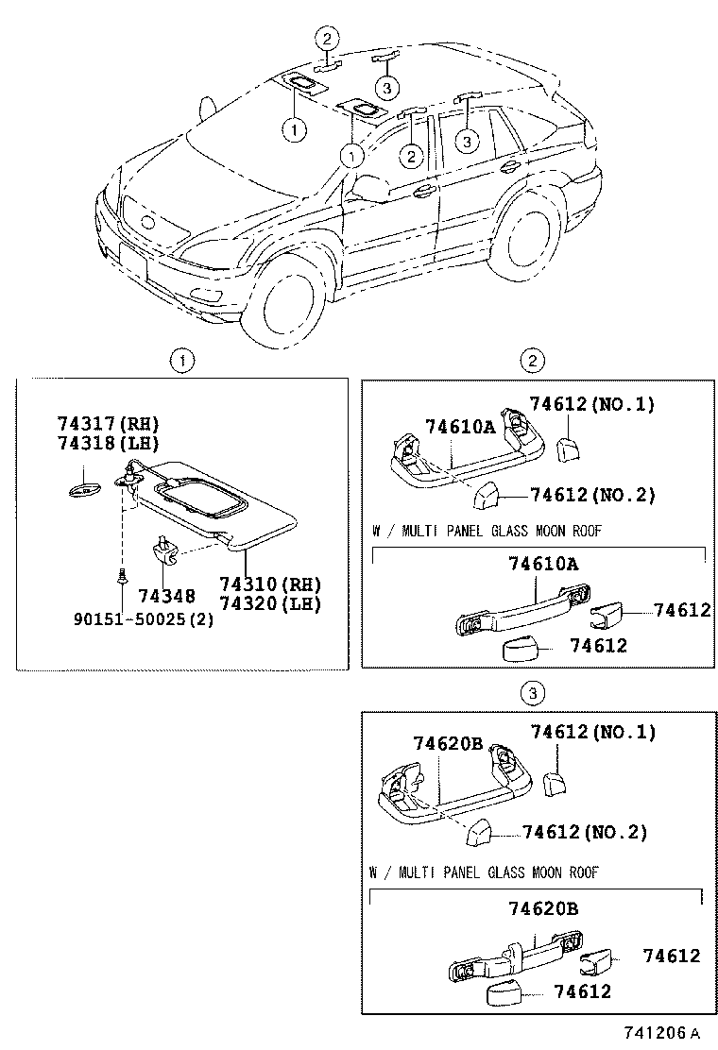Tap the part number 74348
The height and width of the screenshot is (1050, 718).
click(166, 596)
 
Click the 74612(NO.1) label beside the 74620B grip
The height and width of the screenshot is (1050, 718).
click(592, 731)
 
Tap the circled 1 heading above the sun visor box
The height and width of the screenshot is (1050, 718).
click(181, 361)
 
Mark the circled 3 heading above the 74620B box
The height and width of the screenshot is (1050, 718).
click(533, 695)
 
